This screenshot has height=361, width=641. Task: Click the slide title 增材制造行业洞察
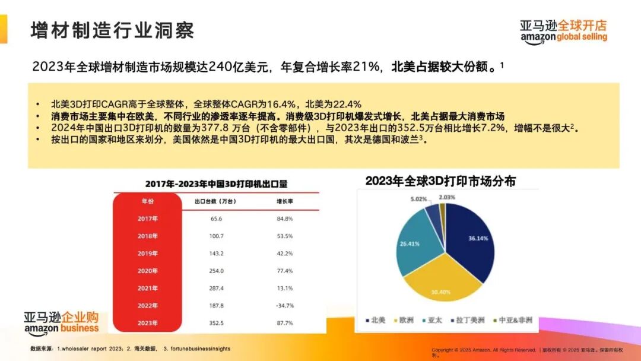(112, 30)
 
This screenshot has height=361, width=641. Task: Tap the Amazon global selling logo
(564, 31)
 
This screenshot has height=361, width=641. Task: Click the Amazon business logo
(61, 322)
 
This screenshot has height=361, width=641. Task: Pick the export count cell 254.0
(217, 271)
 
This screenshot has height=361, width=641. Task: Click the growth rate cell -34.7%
(285, 305)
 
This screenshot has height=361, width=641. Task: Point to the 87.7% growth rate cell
(285, 323)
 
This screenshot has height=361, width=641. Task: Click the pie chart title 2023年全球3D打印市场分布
(440, 181)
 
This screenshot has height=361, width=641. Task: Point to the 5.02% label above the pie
(418, 199)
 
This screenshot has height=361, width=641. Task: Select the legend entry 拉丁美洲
(468, 320)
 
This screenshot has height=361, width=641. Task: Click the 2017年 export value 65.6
(216, 218)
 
